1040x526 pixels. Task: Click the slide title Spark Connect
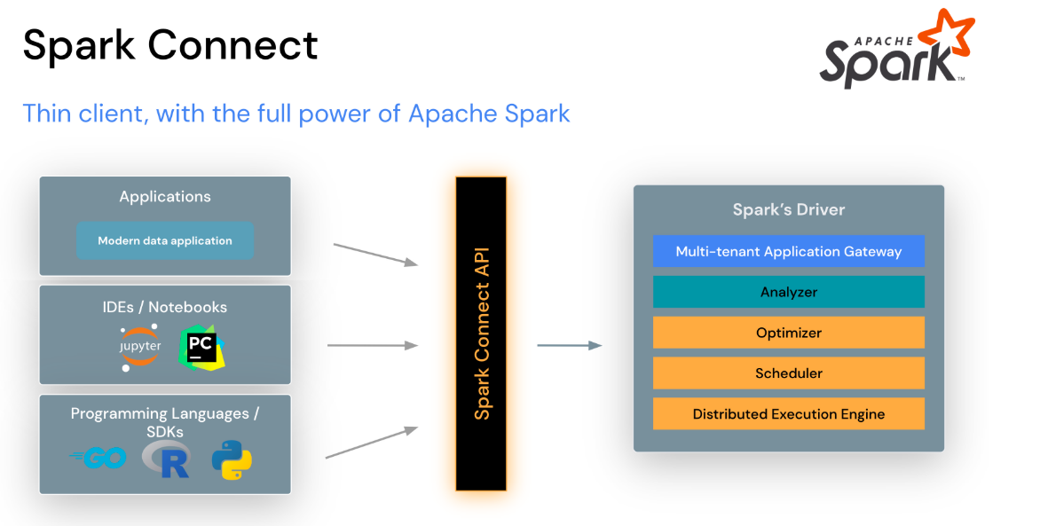(x=169, y=44)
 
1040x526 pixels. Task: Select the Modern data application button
(x=165, y=240)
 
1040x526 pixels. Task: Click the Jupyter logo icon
(x=140, y=348)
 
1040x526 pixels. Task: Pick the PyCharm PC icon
(x=202, y=348)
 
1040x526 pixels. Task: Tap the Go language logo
(x=98, y=458)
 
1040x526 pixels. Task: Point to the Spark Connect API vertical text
(x=481, y=334)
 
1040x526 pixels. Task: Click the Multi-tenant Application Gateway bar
(x=788, y=251)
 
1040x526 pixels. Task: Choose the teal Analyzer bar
(x=788, y=292)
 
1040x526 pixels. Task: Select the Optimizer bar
(x=788, y=333)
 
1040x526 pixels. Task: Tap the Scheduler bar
(x=788, y=373)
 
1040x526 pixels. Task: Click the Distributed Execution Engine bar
(x=788, y=414)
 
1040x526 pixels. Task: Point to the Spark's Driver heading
(x=788, y=210)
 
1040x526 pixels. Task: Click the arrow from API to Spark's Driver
(x=569, y=345)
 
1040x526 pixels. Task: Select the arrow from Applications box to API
(x=374, y=254)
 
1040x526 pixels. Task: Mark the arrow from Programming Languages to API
(x=371, y=443)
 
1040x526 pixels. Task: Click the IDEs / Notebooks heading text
(x=165, y=307)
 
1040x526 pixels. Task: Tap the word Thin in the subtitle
(x=44, y=114)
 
